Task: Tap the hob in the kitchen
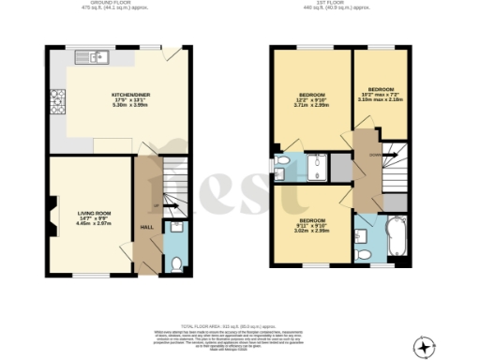tap(57, 97)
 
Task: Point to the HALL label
tap(147, 227)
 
